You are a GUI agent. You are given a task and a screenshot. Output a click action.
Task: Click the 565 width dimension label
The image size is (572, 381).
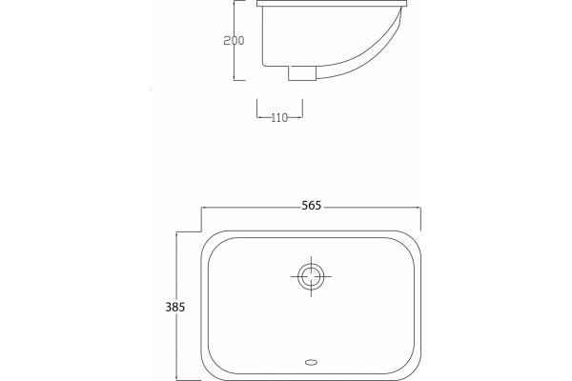(312, 206)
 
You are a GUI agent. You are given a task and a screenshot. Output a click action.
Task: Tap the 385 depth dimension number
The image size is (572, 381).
(175, 308)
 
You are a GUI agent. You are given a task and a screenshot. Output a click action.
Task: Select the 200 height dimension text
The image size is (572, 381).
(234, 40)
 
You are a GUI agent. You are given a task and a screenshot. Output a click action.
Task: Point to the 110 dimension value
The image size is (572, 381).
(279, 118)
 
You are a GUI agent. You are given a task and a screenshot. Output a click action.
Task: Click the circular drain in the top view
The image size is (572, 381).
(311, 276)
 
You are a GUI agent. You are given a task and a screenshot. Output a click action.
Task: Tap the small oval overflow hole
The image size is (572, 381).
(311, 362)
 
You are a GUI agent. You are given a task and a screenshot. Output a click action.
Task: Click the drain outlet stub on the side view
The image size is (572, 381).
(302, 73)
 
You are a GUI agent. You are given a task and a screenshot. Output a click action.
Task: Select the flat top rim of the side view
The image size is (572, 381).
(332, 4)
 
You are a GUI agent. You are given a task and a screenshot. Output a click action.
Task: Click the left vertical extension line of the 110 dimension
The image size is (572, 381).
(256, 109)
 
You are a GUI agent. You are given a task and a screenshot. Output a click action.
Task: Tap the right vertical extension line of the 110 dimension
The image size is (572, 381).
(302, 109)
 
